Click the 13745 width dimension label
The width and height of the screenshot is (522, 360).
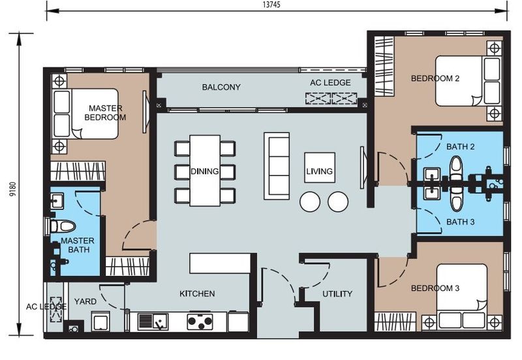[271, 5]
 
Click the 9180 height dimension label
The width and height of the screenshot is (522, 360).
[12, 189]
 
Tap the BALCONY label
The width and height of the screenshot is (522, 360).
[221, 87]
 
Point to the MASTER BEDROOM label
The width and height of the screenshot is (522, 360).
[105, 113]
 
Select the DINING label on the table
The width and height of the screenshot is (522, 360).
[205, 172]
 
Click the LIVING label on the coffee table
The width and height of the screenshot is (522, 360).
[320, 172]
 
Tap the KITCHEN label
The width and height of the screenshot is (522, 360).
[197, 293]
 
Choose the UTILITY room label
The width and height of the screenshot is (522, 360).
[337, 293]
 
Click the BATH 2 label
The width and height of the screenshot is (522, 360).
[461, 147]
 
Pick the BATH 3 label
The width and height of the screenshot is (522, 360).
[461, 222]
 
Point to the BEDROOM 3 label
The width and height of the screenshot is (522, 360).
[435, 288]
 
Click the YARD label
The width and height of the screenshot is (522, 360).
[85, 302]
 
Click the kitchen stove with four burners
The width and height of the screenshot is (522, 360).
[200, 321]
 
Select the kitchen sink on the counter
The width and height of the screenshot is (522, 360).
[153, 322]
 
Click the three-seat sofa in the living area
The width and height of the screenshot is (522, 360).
[277, 166]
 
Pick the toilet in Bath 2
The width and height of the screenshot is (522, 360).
[456, 170]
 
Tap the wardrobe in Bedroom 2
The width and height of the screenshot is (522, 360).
[384, 66]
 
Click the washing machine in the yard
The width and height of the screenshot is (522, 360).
[100, 322]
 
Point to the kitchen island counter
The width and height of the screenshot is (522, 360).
[220, 263]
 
